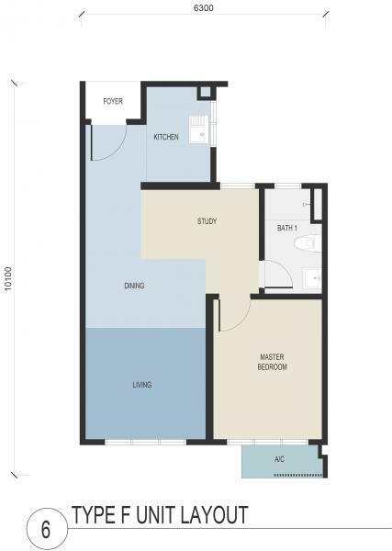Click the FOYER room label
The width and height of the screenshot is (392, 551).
pos(113,102)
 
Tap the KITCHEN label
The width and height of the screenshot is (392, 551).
pos(166,137)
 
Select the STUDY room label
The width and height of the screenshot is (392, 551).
pos(207,221)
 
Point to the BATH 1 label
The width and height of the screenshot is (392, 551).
pos(287,228)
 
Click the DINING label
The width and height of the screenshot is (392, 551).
pos(135,286)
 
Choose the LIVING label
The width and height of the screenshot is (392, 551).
pos(142,385)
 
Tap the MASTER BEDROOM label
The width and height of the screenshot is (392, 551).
pos(273,362)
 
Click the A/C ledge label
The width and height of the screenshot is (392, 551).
pos(280,459)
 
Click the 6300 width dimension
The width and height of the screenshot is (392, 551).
pos(204,7)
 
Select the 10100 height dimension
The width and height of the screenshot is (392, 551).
pos(8,278)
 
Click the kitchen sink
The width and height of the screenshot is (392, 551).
pos(199,129)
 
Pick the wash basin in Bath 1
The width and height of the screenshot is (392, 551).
pos(312,277)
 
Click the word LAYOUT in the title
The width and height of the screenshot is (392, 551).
pos(215,515)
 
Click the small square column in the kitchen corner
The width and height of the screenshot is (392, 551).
pos(205,92)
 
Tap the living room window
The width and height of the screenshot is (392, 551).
pos(145,442)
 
